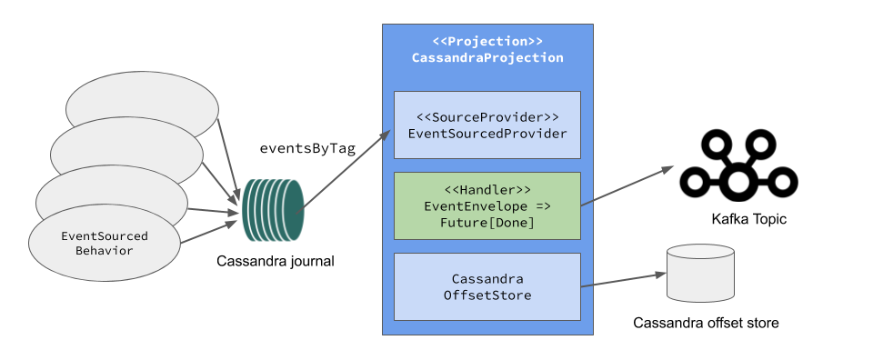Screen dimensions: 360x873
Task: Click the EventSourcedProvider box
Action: coord(487,125)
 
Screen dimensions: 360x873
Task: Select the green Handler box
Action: coord(487,205)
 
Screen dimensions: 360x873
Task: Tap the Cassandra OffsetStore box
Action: coord(487,286)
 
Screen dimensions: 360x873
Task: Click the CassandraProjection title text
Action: coord(487,57)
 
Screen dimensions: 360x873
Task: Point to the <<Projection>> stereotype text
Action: coord(487,42)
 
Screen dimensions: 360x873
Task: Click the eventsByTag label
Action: coord(307,149)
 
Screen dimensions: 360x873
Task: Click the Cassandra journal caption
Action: coord(276,262)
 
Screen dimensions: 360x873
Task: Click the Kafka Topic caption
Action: coord(748,220)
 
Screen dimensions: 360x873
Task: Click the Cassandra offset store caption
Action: coord(706,323)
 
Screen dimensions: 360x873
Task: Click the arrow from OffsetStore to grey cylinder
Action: coord(618,280)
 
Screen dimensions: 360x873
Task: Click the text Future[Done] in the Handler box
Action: coord(487,223)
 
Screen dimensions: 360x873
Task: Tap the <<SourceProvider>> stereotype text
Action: coord(487,117)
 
